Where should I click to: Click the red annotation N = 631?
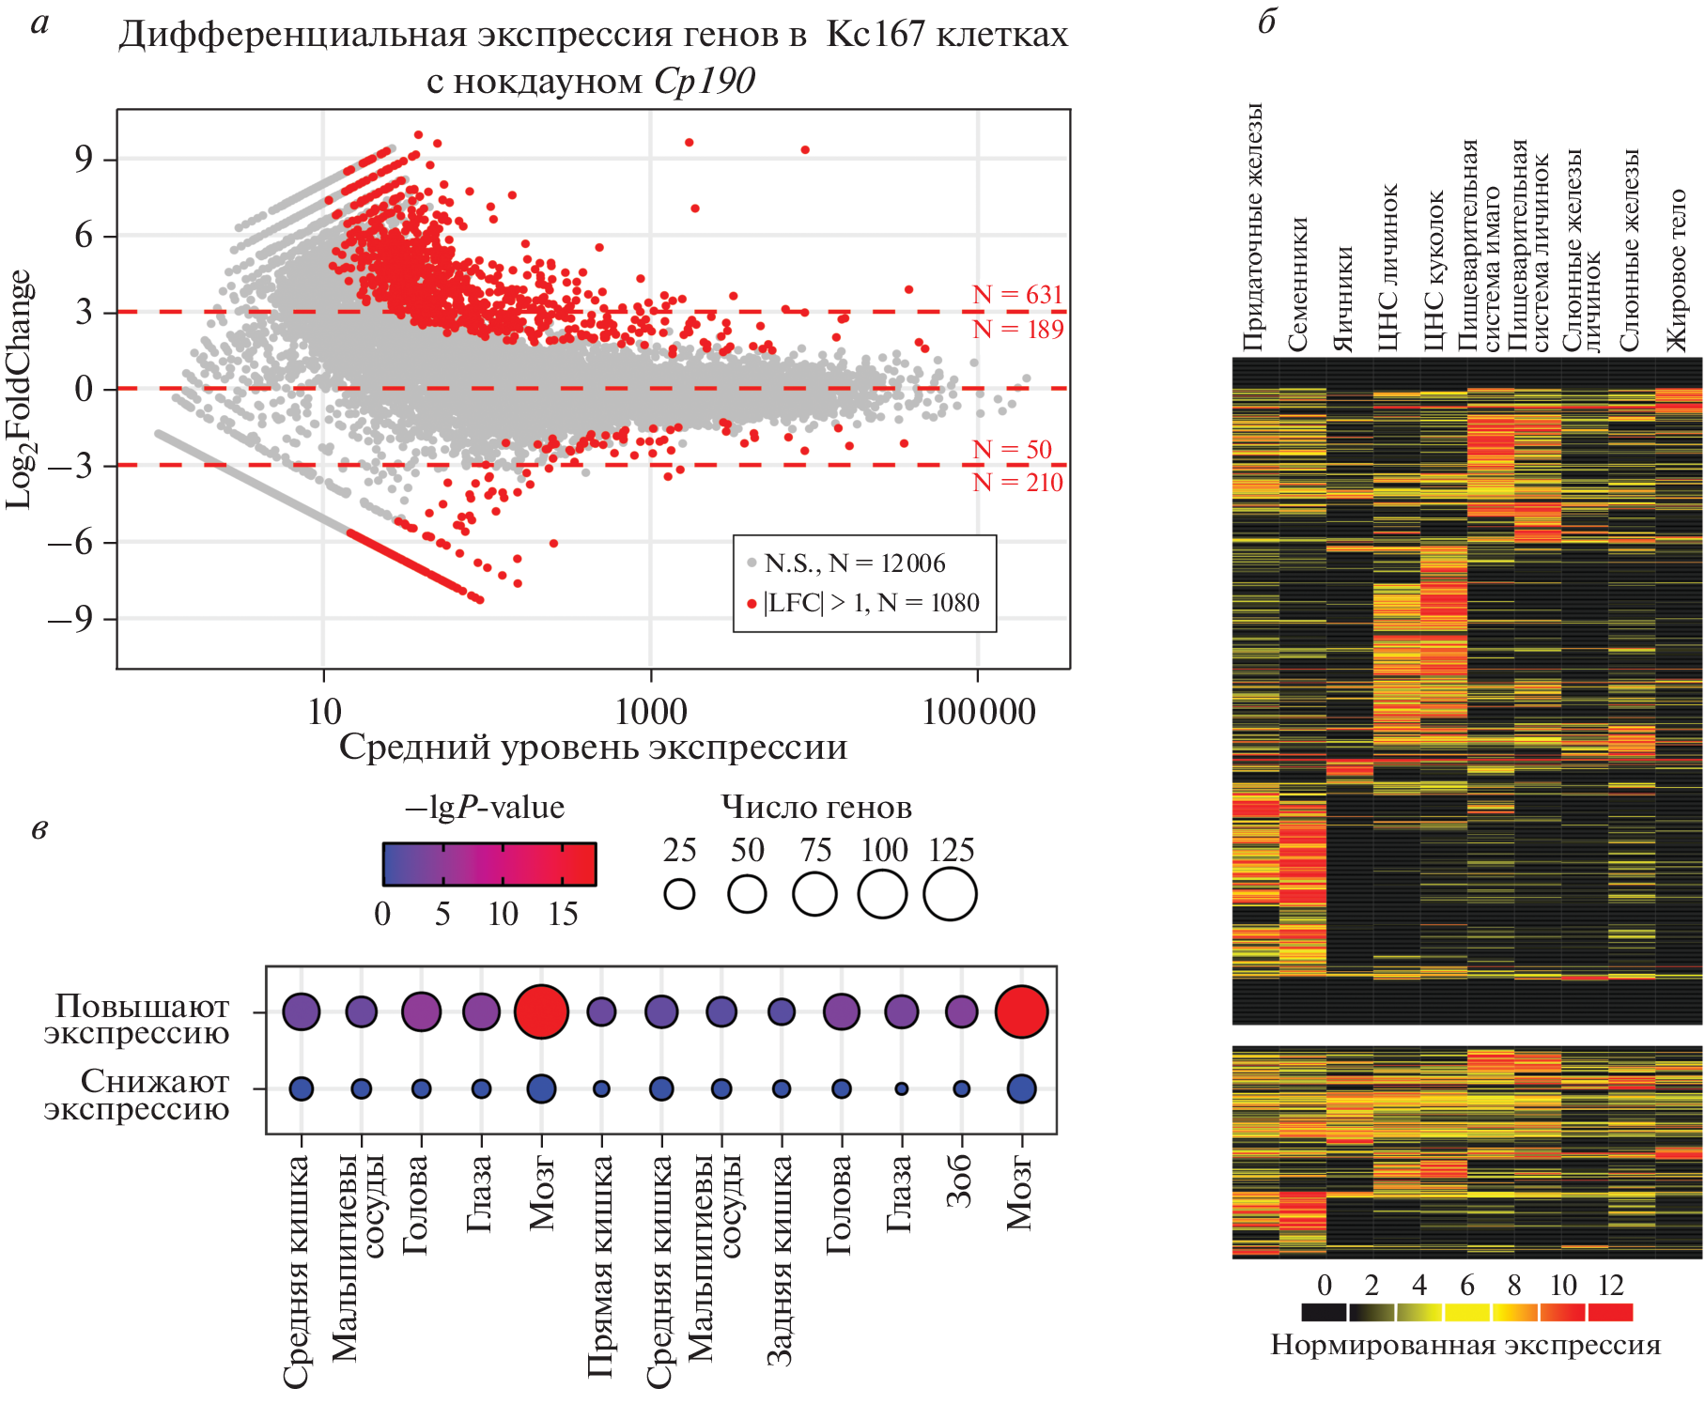pyautogui.click(x=1017, y=295)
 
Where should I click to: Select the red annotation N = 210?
pyautogui.click(x=1017, y=483)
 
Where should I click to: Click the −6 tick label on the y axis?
pyautogui.click(x=74, y=543)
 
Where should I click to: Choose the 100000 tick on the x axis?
pyautogui.click(x=978, y=712)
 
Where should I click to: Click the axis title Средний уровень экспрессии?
pyautogui.click(x=593, y=748)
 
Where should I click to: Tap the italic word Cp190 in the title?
pyautogui.click(x=704, y=82)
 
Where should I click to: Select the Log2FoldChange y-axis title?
pyautogui.click(x=21, y=390)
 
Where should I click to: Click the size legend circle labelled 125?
pyautogui.click(x=950, y=894)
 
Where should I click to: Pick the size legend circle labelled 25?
pyautogui.click(x=679, y=894)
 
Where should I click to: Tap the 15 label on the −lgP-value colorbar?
pyautogui.click(x=563, y=914)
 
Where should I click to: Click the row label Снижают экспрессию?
pyautogui.click(x=137, y=1095)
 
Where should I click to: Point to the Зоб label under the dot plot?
pyautogui.click(x=960, y=1181)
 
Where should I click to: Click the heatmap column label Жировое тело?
pyautogui.click(x=1677, y=270)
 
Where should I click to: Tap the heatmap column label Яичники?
pyautogui.click(x=1345, y=299)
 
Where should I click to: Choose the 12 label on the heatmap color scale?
pyautogui.click(x=1611, y=1286)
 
